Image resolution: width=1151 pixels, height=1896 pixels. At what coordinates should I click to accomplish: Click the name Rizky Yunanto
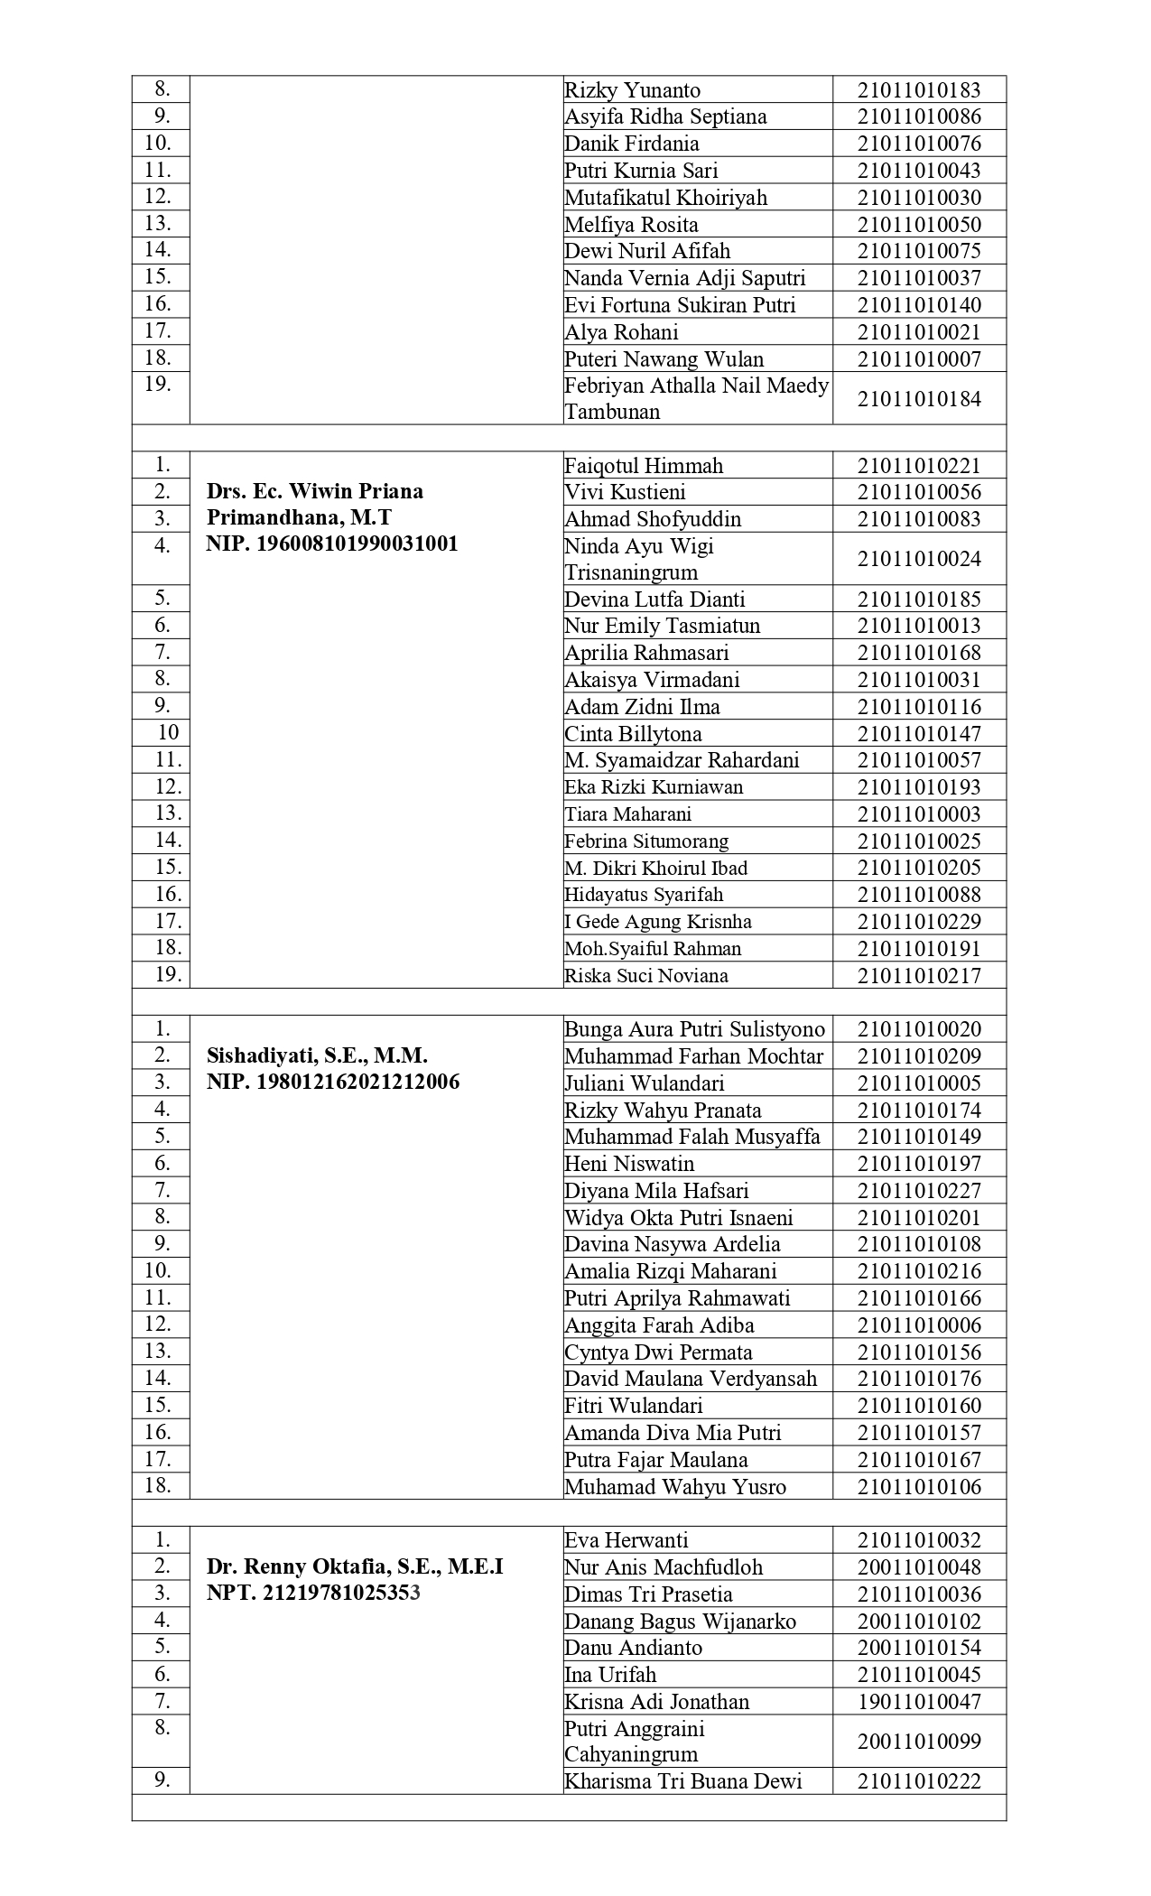pos(632,90)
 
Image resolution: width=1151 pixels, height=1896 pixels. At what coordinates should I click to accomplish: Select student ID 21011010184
pos(918,399)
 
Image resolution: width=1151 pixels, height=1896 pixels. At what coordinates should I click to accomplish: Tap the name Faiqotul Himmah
pos(644,466)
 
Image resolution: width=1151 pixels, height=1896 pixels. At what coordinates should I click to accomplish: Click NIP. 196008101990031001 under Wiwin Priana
pos(331,544)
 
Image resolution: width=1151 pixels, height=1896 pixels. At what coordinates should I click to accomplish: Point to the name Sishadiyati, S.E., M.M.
pos(317,1055)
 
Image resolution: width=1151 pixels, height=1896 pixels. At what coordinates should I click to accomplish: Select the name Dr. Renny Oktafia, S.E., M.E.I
pos(354,1566)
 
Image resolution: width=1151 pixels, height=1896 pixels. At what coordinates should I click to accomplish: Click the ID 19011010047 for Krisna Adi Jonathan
pos(918,1702)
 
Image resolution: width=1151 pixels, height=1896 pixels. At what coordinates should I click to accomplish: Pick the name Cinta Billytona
pos(633,733)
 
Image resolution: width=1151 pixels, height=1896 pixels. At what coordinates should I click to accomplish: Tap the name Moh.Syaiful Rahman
pos(653,949)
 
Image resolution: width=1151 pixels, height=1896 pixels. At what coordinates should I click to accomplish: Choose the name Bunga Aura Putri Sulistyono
pos(694,1029)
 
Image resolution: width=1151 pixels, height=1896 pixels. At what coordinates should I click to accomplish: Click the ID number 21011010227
pos(918,1190)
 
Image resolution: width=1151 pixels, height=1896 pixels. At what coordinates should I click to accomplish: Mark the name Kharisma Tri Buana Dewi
pos(682,1781)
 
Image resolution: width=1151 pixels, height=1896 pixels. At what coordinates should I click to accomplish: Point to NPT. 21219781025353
pos(313,1593)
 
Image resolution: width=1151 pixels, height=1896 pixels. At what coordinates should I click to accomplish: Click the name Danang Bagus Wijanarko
pos(680,1622)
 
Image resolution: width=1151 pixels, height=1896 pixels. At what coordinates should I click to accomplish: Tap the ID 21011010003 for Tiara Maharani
pos(918,814)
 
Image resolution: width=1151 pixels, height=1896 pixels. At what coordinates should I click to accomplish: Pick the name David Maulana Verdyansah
pos(691,1379)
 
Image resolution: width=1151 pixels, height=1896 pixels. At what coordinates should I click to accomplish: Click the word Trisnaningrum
pos(631,572)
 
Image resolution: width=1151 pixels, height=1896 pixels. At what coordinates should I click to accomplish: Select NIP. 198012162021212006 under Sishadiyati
pos(332,1082)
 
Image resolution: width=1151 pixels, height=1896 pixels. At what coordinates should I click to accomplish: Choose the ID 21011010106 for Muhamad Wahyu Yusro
pos(918,1487)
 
